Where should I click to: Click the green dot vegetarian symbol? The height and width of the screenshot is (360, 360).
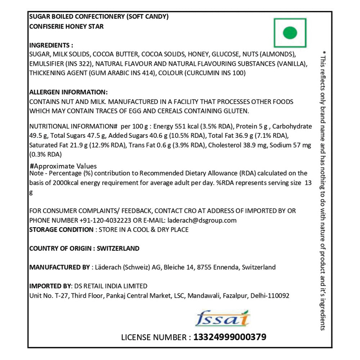(290, 33)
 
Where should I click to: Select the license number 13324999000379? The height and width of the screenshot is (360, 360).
(230, 337)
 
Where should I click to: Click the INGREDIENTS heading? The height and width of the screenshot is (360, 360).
(51, 45)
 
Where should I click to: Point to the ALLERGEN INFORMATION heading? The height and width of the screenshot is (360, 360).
(68, 92)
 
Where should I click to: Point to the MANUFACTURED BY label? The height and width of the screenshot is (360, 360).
(59, 267)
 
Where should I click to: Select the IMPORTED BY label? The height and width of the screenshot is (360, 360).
(50, 286)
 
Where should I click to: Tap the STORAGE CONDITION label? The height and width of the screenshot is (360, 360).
(61, 230)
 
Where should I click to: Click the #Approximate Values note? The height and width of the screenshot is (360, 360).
(64, 166)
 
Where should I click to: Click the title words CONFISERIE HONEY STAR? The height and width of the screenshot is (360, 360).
(66, 27)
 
